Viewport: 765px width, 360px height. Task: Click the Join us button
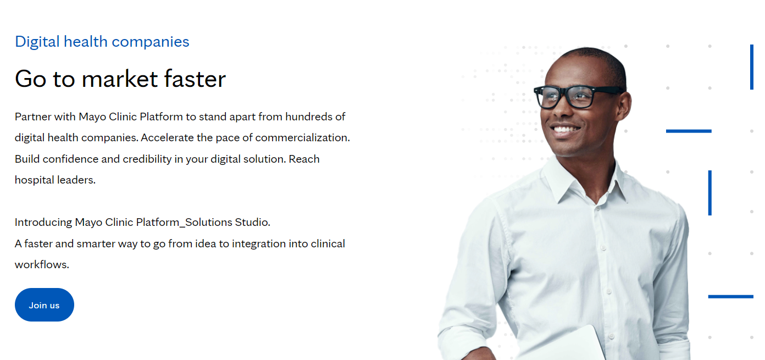coord(44,305)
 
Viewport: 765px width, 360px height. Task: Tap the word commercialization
coord(302,137)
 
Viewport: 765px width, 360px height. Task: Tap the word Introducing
coord(43,223)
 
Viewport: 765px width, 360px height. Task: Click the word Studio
coord(252,223)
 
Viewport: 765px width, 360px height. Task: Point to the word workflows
coord(42,264)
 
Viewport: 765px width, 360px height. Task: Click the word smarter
coord(96,243)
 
